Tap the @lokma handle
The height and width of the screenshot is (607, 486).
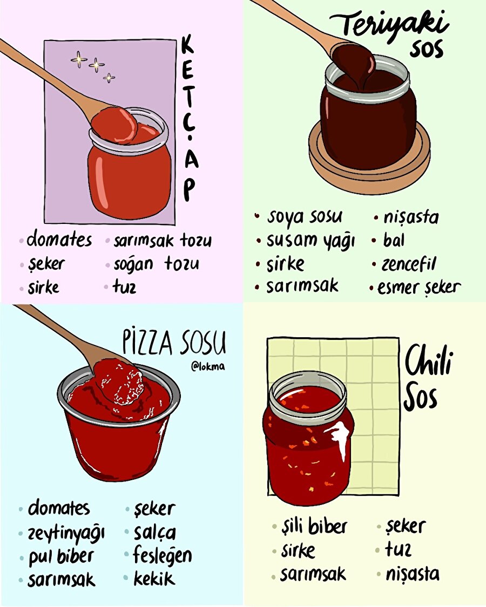click(208, 366)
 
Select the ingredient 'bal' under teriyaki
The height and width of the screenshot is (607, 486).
click(394, 241)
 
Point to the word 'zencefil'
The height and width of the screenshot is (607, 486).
click(408, 264)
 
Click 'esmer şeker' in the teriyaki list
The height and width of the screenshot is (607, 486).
click(418, 288)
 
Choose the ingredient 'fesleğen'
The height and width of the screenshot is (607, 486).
click(163, 556)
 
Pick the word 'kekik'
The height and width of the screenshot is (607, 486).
click(154, 579)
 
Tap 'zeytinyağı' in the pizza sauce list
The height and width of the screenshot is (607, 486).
click(66, 534)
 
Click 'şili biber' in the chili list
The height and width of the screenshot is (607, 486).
click(314, 527)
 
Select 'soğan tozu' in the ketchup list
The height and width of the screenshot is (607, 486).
click(157, 264)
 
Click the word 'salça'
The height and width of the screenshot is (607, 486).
click(154, 533)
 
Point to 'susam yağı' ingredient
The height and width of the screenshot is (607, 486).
click(310, 241)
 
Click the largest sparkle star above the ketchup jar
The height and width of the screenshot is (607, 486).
click(79, 59)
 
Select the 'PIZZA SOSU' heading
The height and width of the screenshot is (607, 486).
click(174, 343)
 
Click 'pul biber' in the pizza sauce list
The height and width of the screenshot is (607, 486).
click(61, 557)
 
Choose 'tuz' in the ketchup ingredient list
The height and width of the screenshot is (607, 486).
click(124, 287)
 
